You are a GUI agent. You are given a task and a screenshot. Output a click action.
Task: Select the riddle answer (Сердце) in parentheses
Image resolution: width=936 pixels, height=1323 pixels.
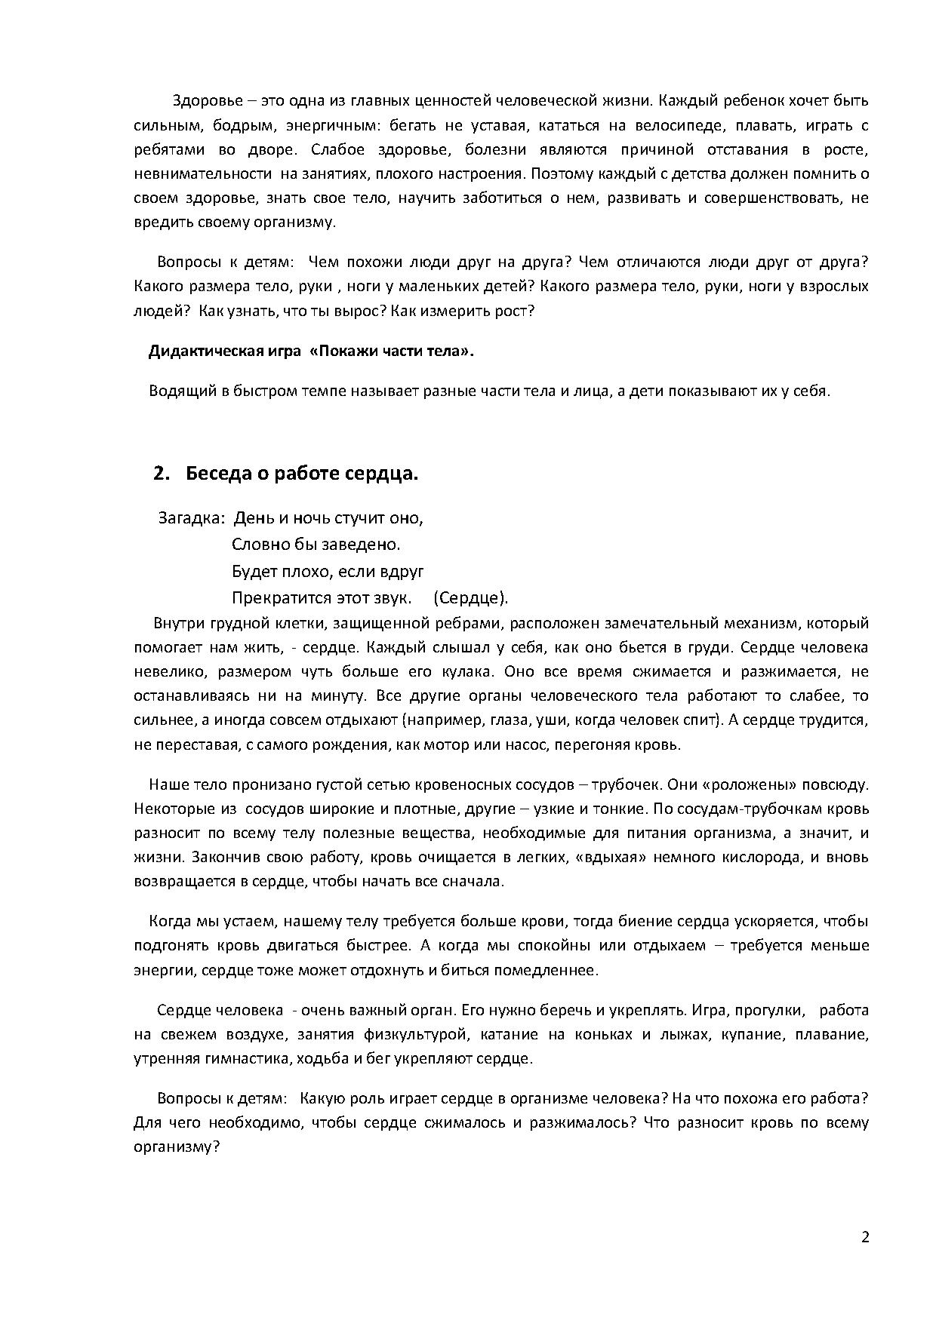click(471, 598)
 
